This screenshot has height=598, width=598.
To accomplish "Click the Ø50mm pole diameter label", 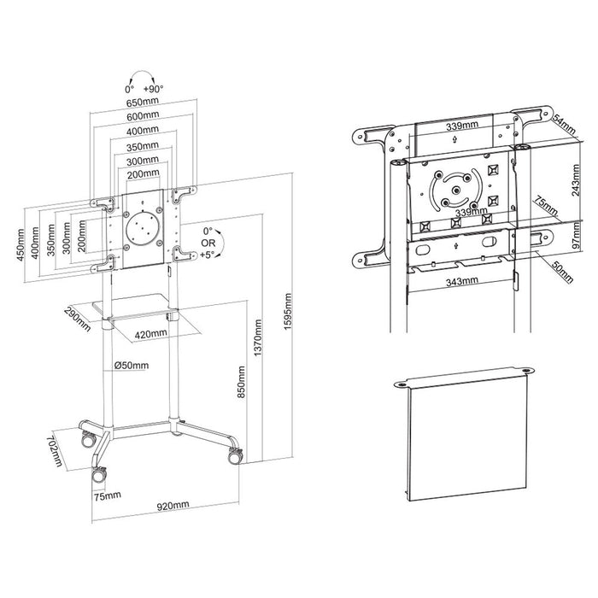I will pos(132,366).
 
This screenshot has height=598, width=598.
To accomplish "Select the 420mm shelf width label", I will pos(150,333).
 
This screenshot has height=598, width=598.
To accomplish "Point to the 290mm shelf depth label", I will pos(78,318).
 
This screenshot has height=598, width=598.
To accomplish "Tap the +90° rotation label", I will pos(154,88).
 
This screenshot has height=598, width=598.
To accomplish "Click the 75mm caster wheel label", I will pos(106,495).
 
